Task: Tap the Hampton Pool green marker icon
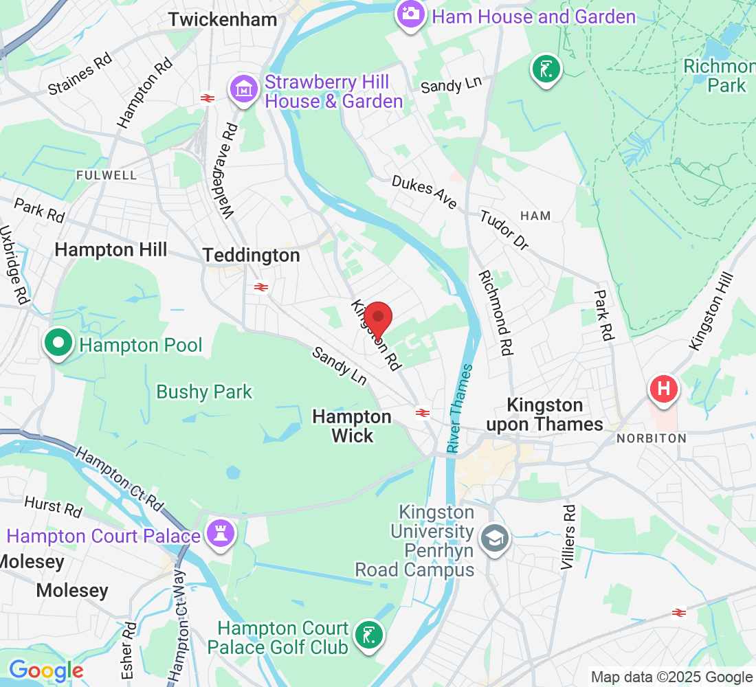(58, 344)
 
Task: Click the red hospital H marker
(664, 389)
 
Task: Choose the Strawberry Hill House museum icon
(243, 90)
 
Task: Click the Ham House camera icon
(410, 14)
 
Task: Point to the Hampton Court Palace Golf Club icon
(369, 637)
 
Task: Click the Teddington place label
(252, 256)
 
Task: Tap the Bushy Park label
(204, 392)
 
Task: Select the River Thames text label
(460, 408)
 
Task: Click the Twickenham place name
(223, 20)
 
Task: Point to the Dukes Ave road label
(424, 192)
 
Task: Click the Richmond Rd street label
(496, 313)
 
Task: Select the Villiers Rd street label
(568, 538)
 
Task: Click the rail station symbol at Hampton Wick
(422, 413)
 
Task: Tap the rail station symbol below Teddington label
(260, 287)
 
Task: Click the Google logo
(45, 671)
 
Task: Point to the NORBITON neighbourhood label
(650, 438)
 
